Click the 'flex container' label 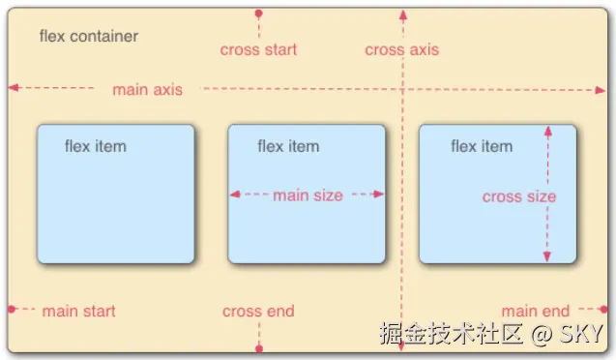pyautogui.click(x=88, y=37)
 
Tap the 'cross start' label pyautogui.click(x=258, y=49)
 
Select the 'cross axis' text pyautogui.click(x=401, y=49)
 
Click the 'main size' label pyautogui.click(x=308, y=195)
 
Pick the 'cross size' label pyautogui.click(x=519, y=196)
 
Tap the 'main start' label pyautogui.click(x=78, y=311)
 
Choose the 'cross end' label pyautogui.click(x=258, y=311)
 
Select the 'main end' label pyautogui.click(x=535, y=311)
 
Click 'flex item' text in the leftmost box pyautogui.click(x=95, y=146)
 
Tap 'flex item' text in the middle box pyautogui.click(x=287, y=146)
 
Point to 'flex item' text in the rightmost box pyautogui.click(x=481, y=146)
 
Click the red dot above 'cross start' pyautogui.click(x=258, y=14)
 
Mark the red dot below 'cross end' pyautogui.click(x=258, y=347)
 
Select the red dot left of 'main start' pyautogui.click(x=12, y=310)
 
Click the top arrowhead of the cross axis pyautogui.click(x=402, y=15)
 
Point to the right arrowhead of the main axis pyautogui.click(x=599, y=88)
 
